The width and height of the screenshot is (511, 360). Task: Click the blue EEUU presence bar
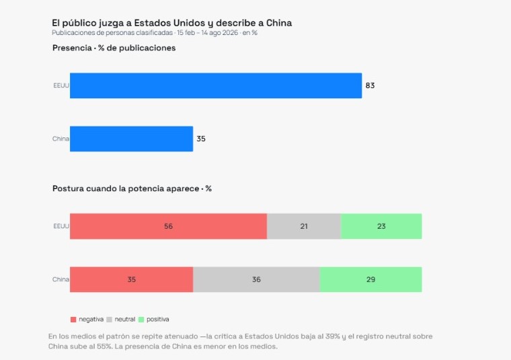tap(216, 85)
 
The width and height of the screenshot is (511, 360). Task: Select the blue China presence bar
tap(131, 139)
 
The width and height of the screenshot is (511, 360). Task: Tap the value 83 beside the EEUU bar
tap(370, 85)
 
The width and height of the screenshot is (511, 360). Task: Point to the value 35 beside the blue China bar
tap(201, 139)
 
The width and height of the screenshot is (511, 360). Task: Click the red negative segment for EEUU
tap(169, 226)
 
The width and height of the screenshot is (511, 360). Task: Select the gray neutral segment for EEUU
tap(304, 226)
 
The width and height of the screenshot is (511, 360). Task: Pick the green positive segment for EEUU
tap(381, 226)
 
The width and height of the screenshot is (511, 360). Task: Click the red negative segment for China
tap(131, 279)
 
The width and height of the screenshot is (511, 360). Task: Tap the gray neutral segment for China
tap(256, 279)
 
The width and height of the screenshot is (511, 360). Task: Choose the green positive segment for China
tap(371, 279)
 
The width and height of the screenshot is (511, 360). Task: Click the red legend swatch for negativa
tap(73, 320)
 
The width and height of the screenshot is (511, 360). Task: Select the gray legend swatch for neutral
tap(109, 320)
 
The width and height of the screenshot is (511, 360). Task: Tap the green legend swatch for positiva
tap(141, 320)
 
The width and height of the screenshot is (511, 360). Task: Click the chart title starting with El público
tap(171, 23)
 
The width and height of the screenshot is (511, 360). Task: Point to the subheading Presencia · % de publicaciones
tap(114, 48)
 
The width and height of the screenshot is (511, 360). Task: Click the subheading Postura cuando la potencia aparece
tap(126, 188)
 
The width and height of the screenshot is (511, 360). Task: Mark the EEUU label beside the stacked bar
tap(61, 226)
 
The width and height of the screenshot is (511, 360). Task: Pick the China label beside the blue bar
tap(61, 139)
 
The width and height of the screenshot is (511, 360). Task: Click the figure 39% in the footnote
tap(332, 336)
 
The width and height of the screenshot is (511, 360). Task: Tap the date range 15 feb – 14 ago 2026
tap(208, 33)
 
